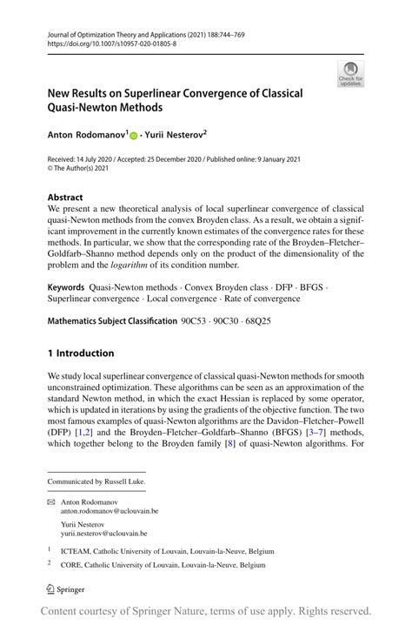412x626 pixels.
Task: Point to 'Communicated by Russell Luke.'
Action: pos(96,481)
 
